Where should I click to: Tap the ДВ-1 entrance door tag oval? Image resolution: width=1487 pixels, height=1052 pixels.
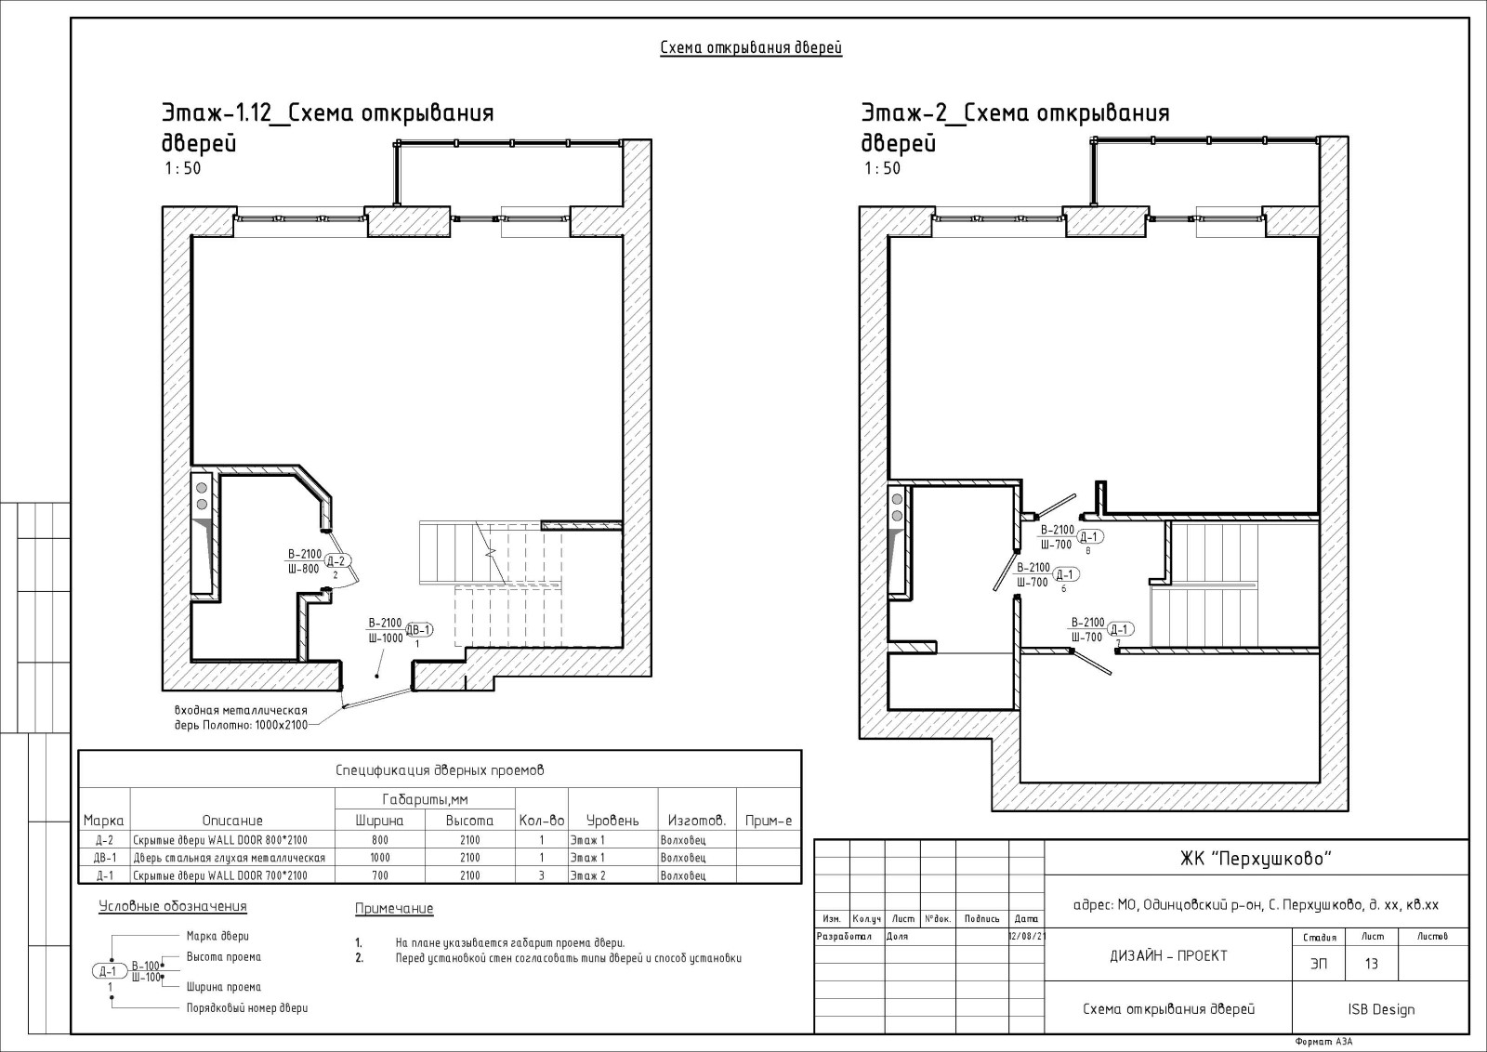click(419, 630)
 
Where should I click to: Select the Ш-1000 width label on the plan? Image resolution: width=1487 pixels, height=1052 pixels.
click(386, 638)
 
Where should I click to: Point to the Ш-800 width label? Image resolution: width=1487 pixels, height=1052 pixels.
click(303, 569)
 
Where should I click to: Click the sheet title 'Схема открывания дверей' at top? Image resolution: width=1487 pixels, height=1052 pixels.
click(751, 47)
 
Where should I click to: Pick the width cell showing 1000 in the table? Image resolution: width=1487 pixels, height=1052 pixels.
click(380, 858)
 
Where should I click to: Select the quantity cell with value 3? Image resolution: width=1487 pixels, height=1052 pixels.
click(542, 875)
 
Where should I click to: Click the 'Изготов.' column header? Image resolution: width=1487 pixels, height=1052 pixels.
click(697, 821)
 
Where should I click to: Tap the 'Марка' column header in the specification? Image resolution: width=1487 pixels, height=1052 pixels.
click(103, 821)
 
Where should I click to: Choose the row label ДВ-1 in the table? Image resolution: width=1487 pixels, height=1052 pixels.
click(105, 858)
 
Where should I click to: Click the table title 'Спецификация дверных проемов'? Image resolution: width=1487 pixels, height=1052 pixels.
click(440, 770)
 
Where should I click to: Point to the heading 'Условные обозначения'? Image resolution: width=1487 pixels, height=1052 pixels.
click(173, 907)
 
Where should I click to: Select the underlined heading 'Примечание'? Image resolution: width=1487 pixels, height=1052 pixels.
click(394, 909)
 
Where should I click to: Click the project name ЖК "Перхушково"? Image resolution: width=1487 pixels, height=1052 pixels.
click(1256, 859)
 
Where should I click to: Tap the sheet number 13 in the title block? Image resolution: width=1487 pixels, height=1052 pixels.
click(1372, 964)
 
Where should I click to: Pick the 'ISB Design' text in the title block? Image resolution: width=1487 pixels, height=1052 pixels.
click(1381, 1009)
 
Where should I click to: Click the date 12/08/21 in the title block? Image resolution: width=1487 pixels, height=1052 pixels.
click(1026, 937)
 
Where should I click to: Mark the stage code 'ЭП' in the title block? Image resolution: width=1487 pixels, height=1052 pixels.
click(1319, 964)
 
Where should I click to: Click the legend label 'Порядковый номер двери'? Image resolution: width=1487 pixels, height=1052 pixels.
click(247, 1008)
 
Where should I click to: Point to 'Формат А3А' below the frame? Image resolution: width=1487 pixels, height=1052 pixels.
click(1323, 1042)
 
